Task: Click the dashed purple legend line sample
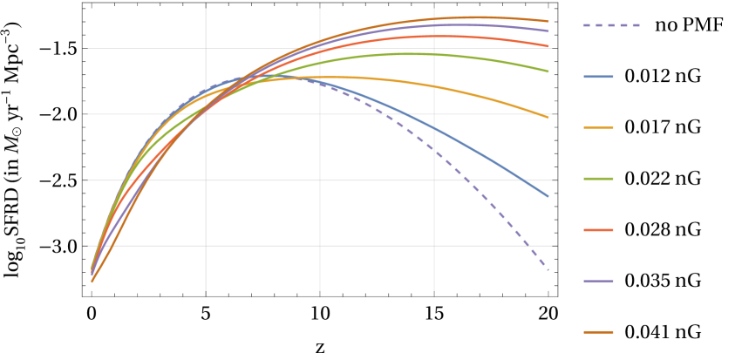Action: tap(611, 25)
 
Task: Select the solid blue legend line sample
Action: tap(598, 77)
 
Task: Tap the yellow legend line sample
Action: tap(598, 128)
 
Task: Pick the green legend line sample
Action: tap(598, 179)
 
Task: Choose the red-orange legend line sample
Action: tap(598, 230)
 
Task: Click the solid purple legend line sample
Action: tap(598, 281)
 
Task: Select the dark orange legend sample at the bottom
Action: tap(598, 332)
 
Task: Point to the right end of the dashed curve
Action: tap(548, 270)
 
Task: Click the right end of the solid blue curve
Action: tap(548, 196)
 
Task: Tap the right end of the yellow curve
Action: tap(548, 117)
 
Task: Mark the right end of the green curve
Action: tap(548, 71)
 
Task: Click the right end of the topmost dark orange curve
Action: tap(548, 21)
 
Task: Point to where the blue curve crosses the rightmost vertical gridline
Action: tap(434, 128)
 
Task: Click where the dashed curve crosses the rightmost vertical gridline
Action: tap(434, 149)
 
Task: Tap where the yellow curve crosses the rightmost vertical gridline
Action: tap(434, 85)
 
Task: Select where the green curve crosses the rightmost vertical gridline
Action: tap(434, 54)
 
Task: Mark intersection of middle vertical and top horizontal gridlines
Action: tap(320, 48)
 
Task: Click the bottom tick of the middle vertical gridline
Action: tap(320, 293)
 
